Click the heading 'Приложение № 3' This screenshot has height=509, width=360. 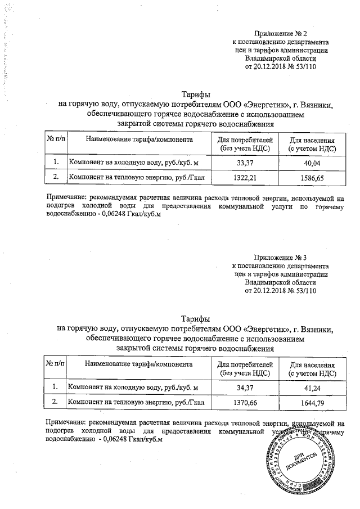click(280, 257)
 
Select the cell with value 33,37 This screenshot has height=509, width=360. click(244, 163)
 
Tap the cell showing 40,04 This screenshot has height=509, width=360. click(312, 163)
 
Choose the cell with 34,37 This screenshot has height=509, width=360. click(244, 388)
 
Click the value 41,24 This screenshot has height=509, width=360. click(312, 388)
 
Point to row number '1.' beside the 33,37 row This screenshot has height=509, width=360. click(56, 163)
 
